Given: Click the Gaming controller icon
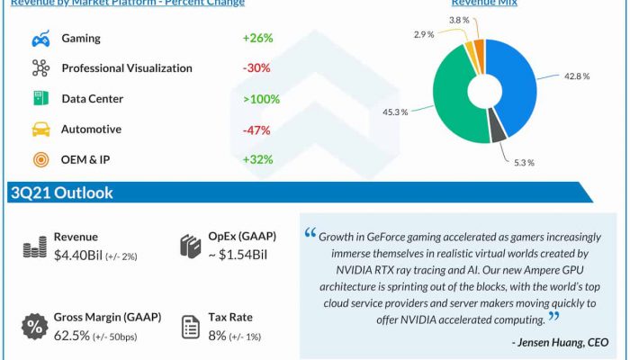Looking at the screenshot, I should pos(40,39).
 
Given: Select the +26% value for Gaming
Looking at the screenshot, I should pos(257,39).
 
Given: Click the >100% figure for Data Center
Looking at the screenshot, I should pos(260,98).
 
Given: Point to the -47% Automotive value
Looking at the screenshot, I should pos(257,129).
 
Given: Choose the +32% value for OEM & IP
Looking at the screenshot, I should pos(257,159).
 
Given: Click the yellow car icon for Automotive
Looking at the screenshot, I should pos(40,129).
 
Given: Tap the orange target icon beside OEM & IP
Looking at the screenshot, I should pos(40,160).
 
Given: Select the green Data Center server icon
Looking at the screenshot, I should pos(40,98).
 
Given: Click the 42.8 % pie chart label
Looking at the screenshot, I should pos(577,76).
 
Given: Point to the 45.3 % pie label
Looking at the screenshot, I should pos(394,112).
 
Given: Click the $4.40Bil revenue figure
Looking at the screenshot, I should pos(82,256).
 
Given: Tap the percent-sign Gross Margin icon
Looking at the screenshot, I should pos(34,326).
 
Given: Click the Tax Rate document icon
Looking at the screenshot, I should pos(191,326).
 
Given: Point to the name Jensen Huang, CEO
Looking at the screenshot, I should pos(560,343).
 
